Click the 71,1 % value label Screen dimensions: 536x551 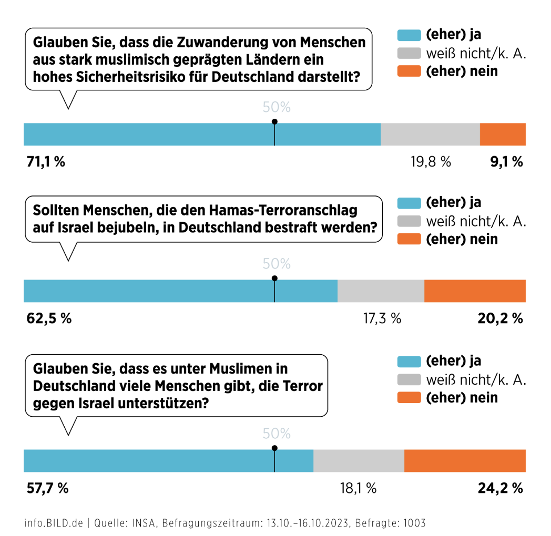click(x=46, y=162)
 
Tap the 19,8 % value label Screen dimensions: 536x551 click(x=431, y=162)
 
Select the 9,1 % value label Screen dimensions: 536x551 click(x=506, y=162)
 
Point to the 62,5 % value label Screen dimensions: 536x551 click(x=49, y=318)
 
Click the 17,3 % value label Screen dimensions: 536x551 click(x=382, y=318)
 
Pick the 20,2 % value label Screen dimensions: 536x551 click(x=501, y=318)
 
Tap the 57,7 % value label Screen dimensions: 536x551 click(x=47, y=488)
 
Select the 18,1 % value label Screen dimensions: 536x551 click(x=359, y=488)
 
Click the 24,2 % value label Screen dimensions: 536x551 click(x=501, y=488)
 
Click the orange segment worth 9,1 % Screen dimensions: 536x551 click(x=503, y=135)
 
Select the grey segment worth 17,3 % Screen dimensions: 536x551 click(x=381, y=291)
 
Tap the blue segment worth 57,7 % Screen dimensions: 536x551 click(x=168, y=461)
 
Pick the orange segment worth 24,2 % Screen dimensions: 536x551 click(x=465, y=461)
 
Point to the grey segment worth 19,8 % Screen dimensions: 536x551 click(x=430, y=135)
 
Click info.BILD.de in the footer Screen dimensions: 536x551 click(x=54, y=523)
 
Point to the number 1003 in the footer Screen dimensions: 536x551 click(x=414, y=523)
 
